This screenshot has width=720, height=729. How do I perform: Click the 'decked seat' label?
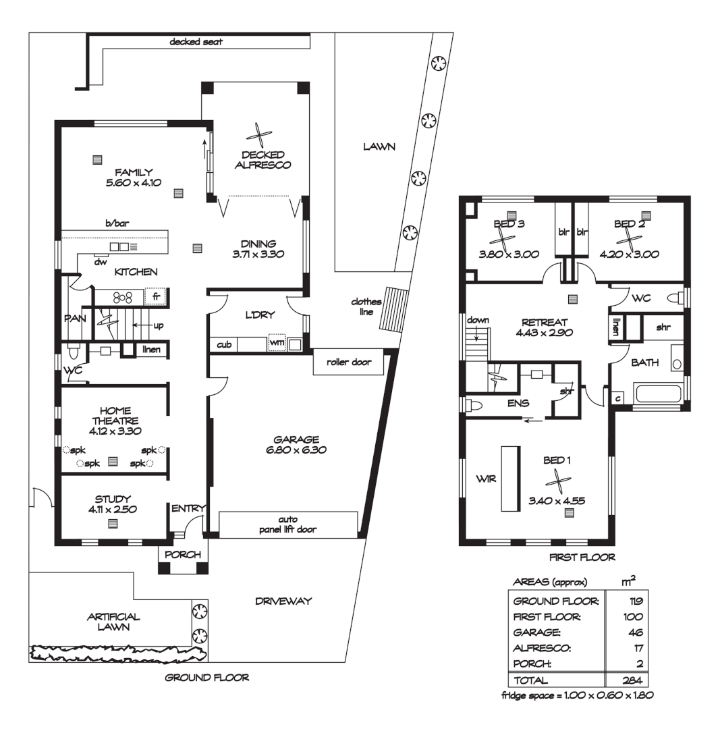pos(196,42)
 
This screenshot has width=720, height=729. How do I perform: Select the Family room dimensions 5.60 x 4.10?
pos(133,183)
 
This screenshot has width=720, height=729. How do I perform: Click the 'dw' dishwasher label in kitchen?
pos(99,262)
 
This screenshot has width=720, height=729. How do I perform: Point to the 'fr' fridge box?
pos(156,296)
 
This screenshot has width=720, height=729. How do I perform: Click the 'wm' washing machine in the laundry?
pos(275,344)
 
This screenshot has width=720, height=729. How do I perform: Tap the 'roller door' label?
pos(349,362)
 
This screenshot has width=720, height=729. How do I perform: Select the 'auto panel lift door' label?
pos(288,524)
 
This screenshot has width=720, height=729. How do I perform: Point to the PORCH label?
pos(183,554)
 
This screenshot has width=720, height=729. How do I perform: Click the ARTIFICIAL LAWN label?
pos(113,622)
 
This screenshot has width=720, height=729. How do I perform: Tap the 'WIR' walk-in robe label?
pos(486,479)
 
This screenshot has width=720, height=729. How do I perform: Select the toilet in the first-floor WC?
pos(675,298)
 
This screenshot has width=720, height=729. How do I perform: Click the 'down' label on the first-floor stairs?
pos(477,320)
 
